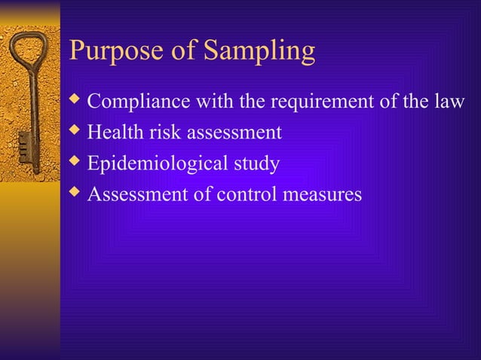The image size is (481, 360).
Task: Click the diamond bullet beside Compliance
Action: click(x=74, y=99)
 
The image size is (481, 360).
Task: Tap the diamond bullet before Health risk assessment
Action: click(x=74, y=130)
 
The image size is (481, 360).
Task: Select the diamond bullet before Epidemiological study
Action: click(x=74, y=161)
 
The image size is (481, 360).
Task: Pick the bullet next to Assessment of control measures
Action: click(x=74, y=192)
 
